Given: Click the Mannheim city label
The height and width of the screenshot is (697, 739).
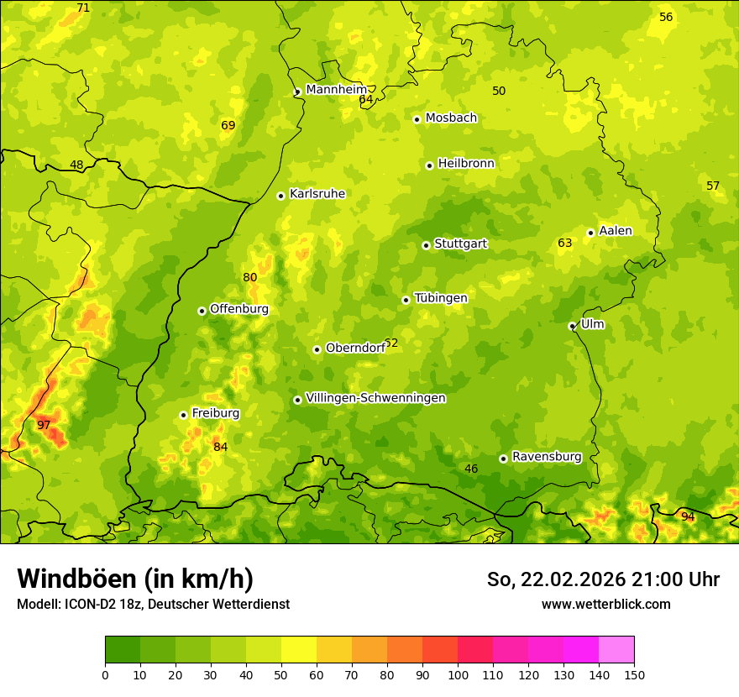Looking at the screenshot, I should pos(336,90).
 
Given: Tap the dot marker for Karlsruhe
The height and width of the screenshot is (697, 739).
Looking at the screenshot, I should pos(281,196).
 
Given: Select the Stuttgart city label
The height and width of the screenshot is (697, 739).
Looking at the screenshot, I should pos(460,244).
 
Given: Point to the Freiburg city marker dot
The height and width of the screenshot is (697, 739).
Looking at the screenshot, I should pos(183,415).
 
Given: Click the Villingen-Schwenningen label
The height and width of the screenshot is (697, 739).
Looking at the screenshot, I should pos(375,398).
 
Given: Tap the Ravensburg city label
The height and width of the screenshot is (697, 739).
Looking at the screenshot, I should pos(546,457).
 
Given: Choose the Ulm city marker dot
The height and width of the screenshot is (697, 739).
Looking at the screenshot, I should pos(572,326).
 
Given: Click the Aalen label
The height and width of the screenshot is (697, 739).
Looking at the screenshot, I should pos(615,231).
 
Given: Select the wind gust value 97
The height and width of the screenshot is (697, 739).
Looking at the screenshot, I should pos(44,426).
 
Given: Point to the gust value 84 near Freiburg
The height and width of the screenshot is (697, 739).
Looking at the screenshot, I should pos(220,447).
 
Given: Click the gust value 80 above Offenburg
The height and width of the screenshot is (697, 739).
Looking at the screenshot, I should pos(250,278).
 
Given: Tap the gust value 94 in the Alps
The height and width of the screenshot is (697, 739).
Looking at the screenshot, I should pos(688,516).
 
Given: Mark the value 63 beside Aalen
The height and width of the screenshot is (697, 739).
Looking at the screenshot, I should pos(565,244).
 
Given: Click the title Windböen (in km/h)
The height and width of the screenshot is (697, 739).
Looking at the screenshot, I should pos(135,579).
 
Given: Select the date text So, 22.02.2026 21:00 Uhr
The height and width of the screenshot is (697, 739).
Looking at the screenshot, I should pos(603,579).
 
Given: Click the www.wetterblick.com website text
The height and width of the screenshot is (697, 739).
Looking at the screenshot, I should pos(605,604).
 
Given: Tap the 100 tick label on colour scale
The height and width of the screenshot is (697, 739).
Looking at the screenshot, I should pos(458,674).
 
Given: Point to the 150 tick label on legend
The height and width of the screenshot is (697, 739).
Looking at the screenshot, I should pos(634,674).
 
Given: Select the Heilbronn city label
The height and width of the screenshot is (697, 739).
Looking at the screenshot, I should pos(466,164).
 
